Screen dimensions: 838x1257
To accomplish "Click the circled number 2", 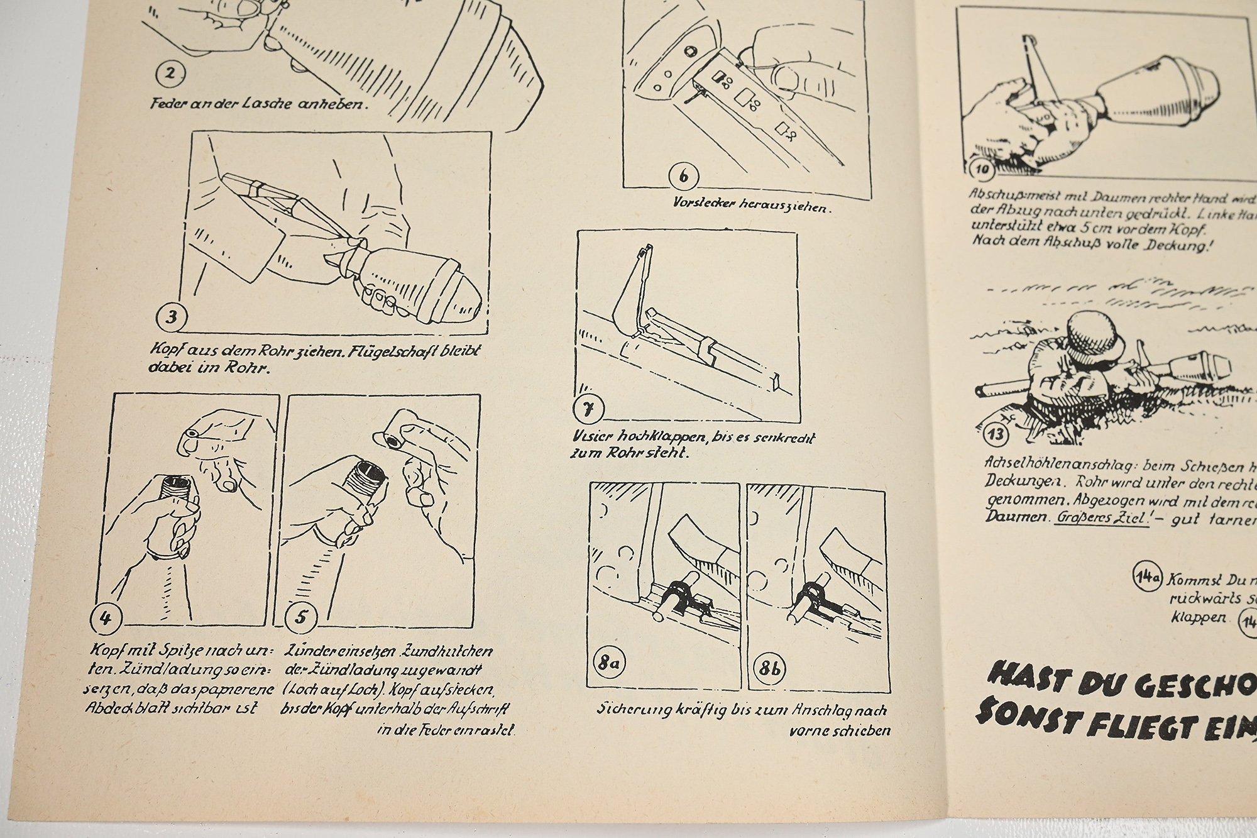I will pyautogui.click(x=170, y=74).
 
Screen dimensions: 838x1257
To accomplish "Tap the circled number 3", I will pyautogui.click(x=172, y=317).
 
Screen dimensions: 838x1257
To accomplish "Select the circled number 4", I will pyautogui.click(x=105, y=618).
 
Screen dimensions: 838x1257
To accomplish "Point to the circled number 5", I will pyautogui.click(x=301, y=618).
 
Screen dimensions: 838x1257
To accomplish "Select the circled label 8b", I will pyautogui.click(x=770, y=668).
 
